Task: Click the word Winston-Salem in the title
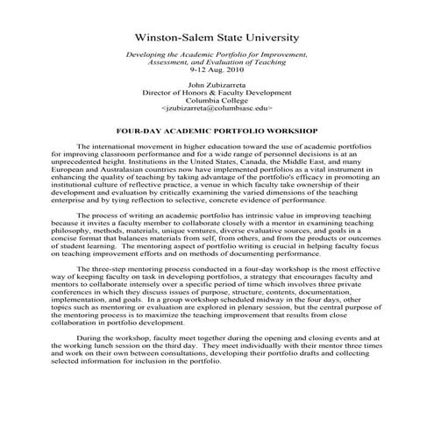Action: coord(174,39)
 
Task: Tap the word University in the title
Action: coord(271,39)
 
